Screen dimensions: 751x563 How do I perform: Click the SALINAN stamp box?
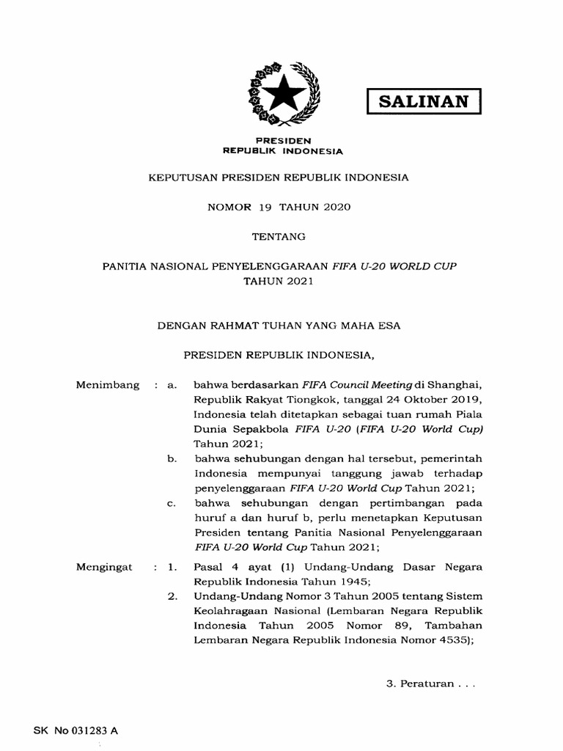click(x=424, y=100)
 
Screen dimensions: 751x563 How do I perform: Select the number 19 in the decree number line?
click(x=265, y=207)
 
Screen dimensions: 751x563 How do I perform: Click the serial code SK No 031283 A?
click(x=76, y=731)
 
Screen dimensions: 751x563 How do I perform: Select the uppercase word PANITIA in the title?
click(x=125, y=266)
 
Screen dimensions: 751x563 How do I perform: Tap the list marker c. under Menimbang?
click(x=172, y=504)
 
